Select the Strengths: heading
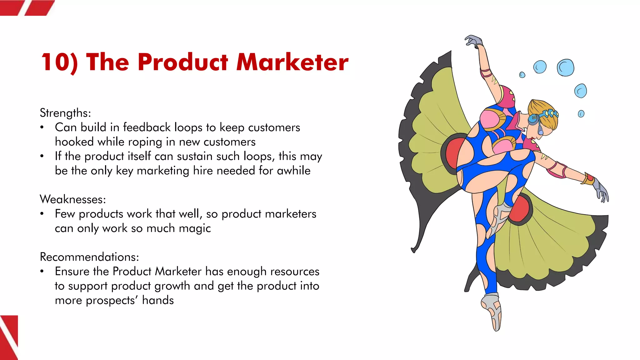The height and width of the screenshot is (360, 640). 65,113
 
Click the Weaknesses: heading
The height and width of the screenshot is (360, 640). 73,199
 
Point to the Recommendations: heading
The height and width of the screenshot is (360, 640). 89,257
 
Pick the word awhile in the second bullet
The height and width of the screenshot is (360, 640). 293,171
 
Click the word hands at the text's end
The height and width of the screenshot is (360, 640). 158,300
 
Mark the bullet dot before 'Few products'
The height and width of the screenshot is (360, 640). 42,214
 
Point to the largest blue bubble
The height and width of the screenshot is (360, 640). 565,67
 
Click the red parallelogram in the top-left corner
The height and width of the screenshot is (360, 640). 39,7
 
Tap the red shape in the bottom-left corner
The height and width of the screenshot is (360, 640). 9,337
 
